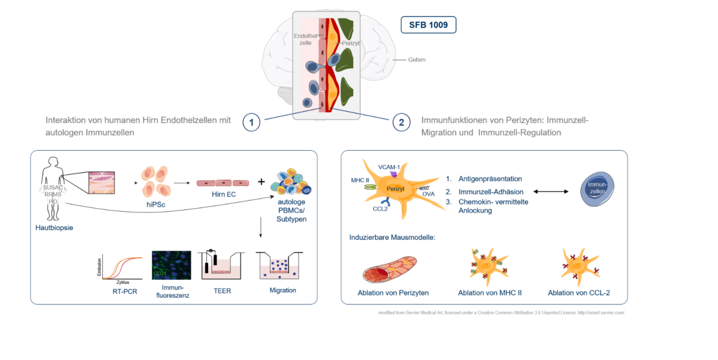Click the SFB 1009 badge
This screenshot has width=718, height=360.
tap(428, 25)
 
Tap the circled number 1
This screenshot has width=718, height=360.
tap(252, 123)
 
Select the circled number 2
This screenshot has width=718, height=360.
tap(401, 123)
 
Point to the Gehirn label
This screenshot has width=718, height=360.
tap(418, 60)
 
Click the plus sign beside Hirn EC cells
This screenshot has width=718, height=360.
tap(261, 181)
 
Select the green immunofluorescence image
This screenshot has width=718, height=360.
tap(171, 265)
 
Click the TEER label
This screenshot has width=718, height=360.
tap(222, 291)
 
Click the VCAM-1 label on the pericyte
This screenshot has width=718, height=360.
tap(388, 166)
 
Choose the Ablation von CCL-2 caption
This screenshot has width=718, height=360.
tap(579, 292)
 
